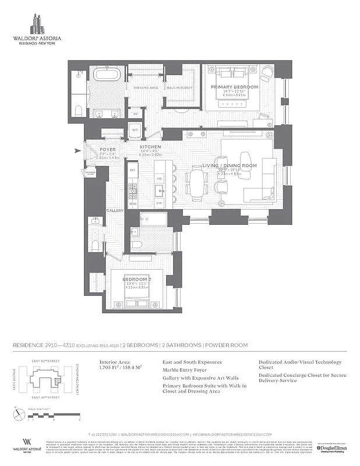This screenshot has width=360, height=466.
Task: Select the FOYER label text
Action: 108,149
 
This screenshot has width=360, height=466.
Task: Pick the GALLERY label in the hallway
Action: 113,210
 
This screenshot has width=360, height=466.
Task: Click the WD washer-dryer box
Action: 135,129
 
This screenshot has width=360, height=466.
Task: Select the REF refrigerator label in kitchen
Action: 132,170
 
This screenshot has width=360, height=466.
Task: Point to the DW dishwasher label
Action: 158,203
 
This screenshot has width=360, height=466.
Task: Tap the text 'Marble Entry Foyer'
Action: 186,370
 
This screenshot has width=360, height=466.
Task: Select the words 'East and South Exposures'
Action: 191,362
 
